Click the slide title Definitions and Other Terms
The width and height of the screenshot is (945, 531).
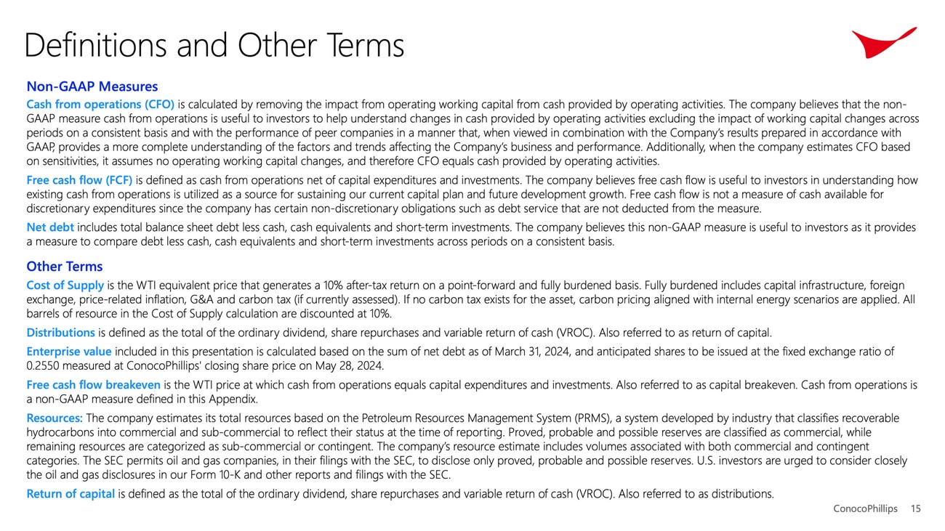pyautogui.click(x=214, y=45)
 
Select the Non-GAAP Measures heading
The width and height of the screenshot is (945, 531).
pyautogui.click(x=92, y=87)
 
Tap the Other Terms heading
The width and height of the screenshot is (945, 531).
pyautogui.click(x=64, y=267)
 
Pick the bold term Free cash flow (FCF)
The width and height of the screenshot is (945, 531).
pyautogui.click(x=79, y=180)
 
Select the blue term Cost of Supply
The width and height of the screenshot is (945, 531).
pyautogui.click(x=65, y=285)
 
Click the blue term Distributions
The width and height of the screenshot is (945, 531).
pyautogui.click(x=60, y=333)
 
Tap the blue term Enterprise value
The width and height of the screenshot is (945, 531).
pyautogui.click(x=69, y=352)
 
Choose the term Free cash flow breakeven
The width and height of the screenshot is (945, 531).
pyautogui.click(x=94, y=385)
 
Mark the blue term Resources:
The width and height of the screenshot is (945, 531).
pyautogui.click(x=55, y=418)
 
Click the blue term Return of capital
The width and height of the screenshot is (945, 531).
pyautogui.click(x=71, y=494)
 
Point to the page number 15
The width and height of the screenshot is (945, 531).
pyautogui.click(x=915, y=509)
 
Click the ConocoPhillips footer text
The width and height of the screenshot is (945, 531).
pyautogui.click(x=865, y=509)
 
